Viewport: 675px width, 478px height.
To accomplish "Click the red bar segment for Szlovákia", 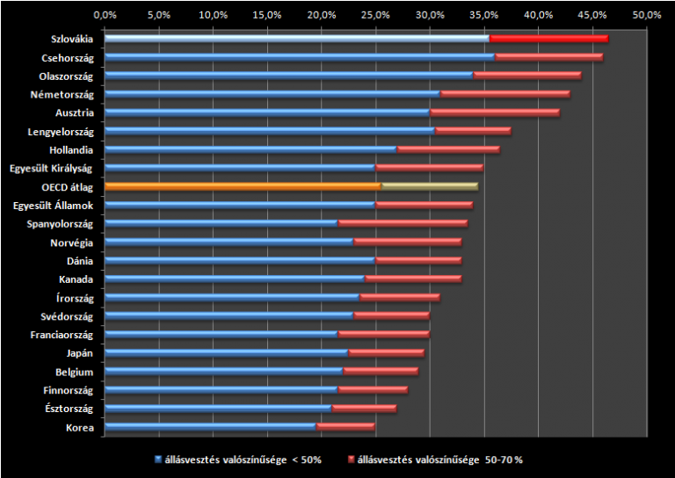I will (x=548, y=39).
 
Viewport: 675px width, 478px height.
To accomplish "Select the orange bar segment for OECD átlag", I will (x=243, y=186).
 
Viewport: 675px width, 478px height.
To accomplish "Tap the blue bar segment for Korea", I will (x=210, y=427).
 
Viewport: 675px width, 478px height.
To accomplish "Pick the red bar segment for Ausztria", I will (x=495, y=112).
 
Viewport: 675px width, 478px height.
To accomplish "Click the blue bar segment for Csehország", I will (x=300, y=57).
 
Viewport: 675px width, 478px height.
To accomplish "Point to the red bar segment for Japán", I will (x=387, y=353).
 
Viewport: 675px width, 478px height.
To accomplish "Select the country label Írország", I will (x=75, y=298).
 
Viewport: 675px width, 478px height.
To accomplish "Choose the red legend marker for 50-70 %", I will (x=351, y=460).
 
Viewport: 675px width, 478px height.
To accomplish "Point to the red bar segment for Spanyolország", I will (x=403, y=223).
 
